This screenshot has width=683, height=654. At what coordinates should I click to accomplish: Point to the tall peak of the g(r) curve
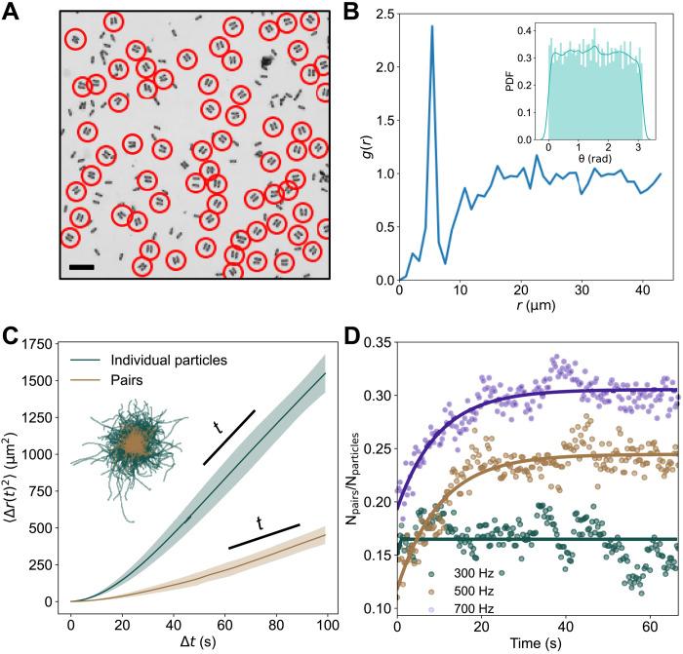coord(431,27)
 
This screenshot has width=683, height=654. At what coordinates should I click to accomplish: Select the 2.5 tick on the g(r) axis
coord(382,15)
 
